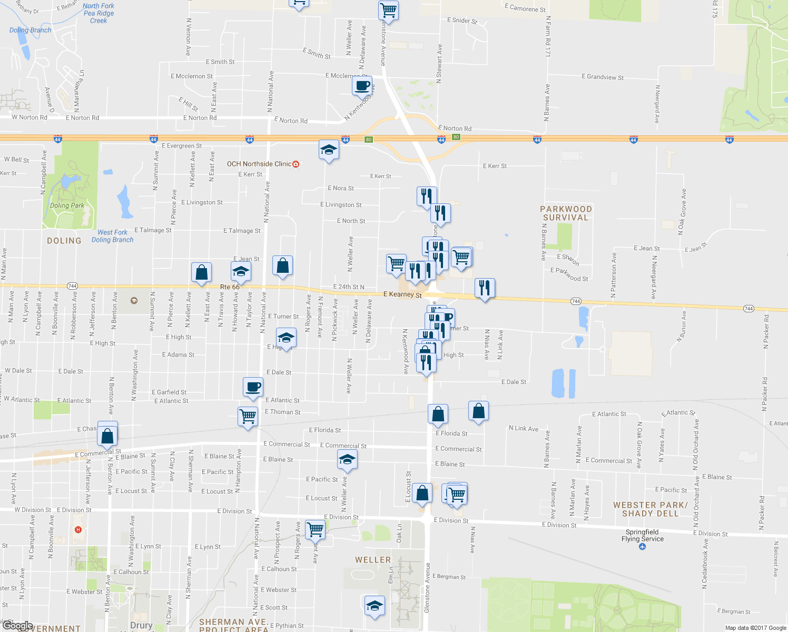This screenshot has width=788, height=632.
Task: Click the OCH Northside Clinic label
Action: click(x=259, y=164)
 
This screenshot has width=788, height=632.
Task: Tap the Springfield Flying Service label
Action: click(x=642, y=536)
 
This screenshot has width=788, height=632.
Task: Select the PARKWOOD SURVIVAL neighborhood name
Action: click(x=566, y=213)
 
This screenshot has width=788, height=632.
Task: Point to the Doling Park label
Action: click(x=67, y=205)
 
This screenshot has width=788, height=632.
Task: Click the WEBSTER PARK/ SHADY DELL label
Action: click(x=650, y=509)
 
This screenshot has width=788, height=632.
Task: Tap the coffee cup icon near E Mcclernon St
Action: click(x=362, y=85)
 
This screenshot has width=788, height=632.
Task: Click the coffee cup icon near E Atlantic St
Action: click(x=253, y=387)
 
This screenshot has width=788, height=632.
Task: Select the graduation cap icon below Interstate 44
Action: click(x=329, y=150)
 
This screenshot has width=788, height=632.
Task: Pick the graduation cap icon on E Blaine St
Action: click(x=347, y=460)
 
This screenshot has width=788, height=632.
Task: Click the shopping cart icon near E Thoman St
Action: click(x=248, y=416)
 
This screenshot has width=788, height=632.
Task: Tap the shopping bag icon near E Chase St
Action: click(x=107, y=436)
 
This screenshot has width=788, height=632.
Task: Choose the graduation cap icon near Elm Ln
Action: click(x=375, y=606)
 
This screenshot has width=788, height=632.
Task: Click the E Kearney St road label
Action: click(x=402, y=294)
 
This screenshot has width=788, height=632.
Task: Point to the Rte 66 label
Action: click(x=230, y=287)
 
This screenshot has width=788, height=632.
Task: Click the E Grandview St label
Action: click(x=602, y=77)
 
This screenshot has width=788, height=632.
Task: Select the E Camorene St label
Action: click(x=525, y=8)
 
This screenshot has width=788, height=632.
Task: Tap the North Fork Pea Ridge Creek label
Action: click(x=98, y=13)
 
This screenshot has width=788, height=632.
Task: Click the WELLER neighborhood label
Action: click(x=373, y=560)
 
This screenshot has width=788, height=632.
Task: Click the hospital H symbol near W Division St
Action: click(x=78, y=529)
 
